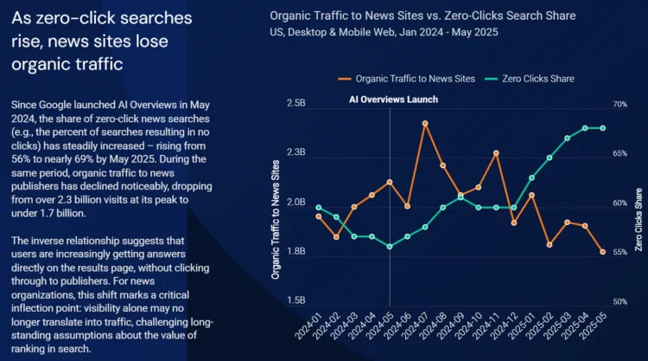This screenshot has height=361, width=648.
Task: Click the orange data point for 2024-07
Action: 425,123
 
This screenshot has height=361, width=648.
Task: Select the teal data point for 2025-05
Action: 602,128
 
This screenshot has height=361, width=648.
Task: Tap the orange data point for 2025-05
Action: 602,252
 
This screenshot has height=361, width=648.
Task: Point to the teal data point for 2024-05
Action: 390,247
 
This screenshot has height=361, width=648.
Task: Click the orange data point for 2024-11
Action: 496,153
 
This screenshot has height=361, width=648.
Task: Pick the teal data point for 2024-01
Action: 319,207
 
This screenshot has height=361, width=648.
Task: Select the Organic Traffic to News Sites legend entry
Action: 414,79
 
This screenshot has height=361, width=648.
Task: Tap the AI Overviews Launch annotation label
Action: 393,100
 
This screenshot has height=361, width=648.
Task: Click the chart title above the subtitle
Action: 422,16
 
